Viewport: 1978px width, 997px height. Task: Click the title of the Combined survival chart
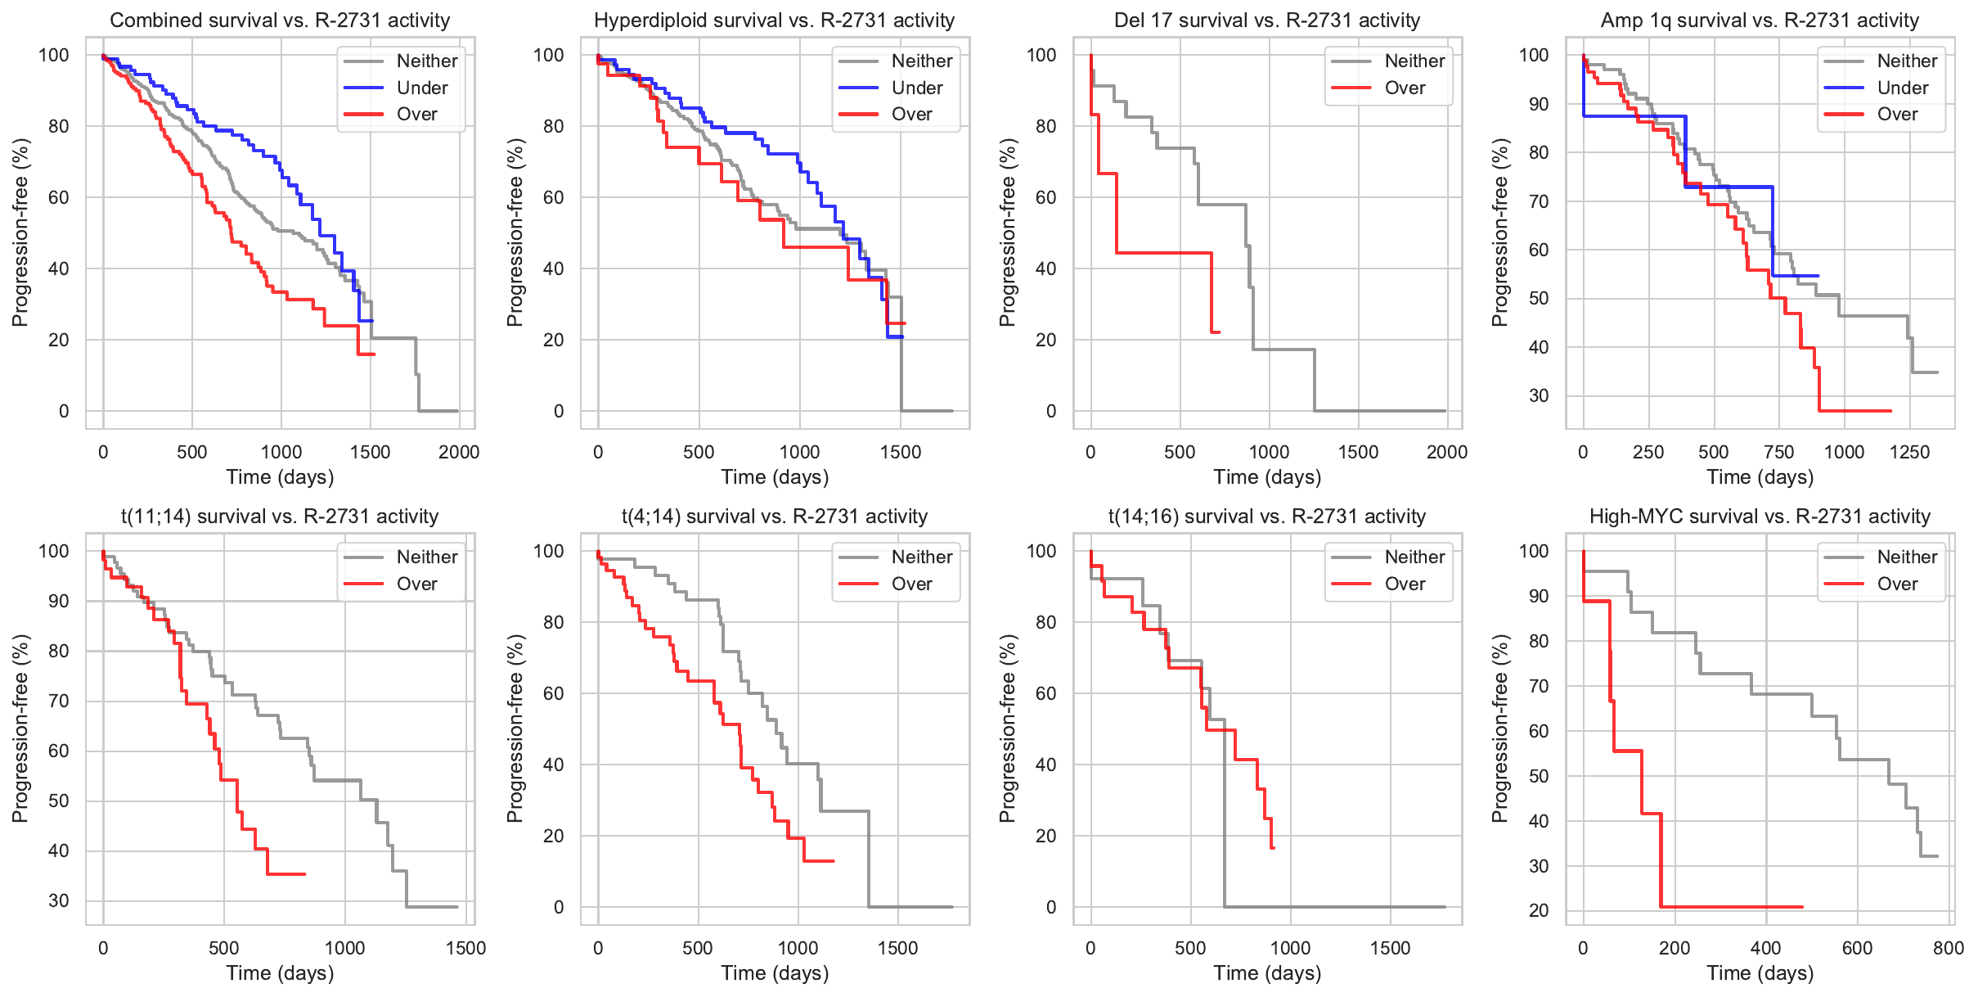(x=280, y=20)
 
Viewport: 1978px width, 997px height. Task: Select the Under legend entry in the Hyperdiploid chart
(x=916, y=88)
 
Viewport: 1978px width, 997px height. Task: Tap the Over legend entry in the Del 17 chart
(x=1405, y=88)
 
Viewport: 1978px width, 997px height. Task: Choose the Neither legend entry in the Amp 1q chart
(x=1907, y=61)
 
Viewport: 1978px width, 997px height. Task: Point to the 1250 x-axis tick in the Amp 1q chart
(x=1909, y=452)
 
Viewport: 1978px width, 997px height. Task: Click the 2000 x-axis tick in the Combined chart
(x=459, y=452)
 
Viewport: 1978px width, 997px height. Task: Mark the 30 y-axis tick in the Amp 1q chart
(x=1538, y=396)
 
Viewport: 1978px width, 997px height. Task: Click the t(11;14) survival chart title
(x=280, y=517)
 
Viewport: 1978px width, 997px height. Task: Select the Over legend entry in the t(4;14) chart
(x=911, y=584)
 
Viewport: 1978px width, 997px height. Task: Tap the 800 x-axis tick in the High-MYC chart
(x=1949, y=948)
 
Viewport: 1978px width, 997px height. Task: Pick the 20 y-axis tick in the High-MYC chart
(x=1538, y=910)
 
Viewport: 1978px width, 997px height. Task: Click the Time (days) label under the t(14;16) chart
(x=1267, y=973)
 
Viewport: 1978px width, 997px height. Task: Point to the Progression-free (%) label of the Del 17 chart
(x=1007, y=232)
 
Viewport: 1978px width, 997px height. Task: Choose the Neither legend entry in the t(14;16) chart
(x=1414, y=557)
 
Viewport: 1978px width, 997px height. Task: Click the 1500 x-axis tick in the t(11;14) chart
(x=465, y=948)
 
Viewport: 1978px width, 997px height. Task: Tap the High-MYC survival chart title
(x=1760, y=517)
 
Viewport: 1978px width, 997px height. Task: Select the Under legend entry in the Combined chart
(x=422, y=88)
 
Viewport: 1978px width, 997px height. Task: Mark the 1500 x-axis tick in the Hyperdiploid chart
(x=901, y=452)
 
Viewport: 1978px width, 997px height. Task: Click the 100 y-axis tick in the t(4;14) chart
(x=548, y=551)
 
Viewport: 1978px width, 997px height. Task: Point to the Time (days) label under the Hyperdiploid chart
(x=775, y=477)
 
